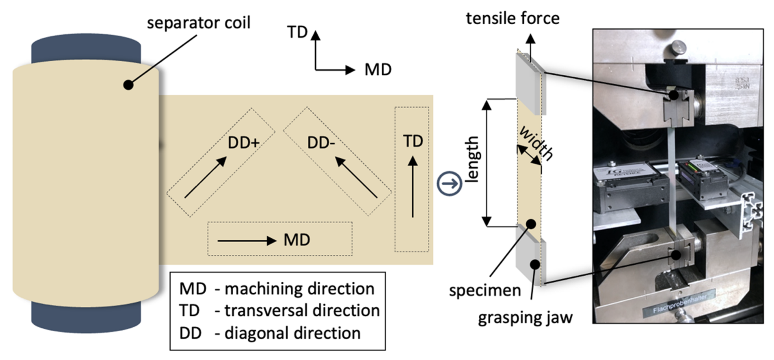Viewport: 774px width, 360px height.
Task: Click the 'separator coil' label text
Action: (198, 23)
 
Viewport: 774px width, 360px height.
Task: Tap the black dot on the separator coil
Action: (128, 85)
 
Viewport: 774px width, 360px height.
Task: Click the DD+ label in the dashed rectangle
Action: (244, 143)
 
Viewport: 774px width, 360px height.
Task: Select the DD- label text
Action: (321, 143)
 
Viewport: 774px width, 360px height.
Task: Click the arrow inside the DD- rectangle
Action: (356, 177)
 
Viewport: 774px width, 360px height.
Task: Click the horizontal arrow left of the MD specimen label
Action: (246, 241)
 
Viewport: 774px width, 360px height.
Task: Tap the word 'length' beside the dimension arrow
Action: (472, 159)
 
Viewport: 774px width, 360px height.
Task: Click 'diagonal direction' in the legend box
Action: (292, 333)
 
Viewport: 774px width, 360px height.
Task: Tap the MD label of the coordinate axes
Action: (378, 70)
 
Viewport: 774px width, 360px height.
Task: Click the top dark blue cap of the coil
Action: (86, 47)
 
